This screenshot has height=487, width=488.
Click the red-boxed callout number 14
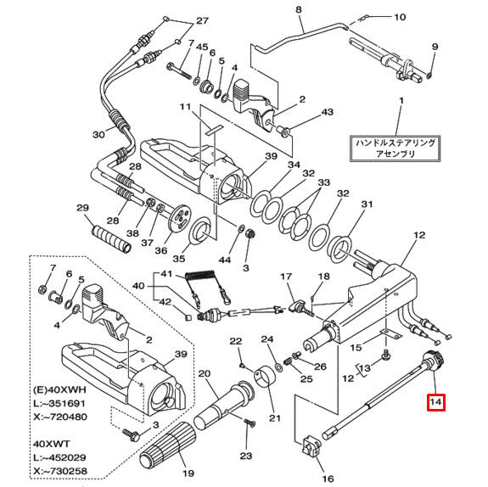coord(435,402)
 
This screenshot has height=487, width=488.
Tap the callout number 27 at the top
coord(201,20)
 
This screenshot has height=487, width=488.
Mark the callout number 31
coord(367,204)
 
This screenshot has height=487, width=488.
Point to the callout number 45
coord(201,46)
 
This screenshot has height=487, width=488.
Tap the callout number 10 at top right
coord(400,17)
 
